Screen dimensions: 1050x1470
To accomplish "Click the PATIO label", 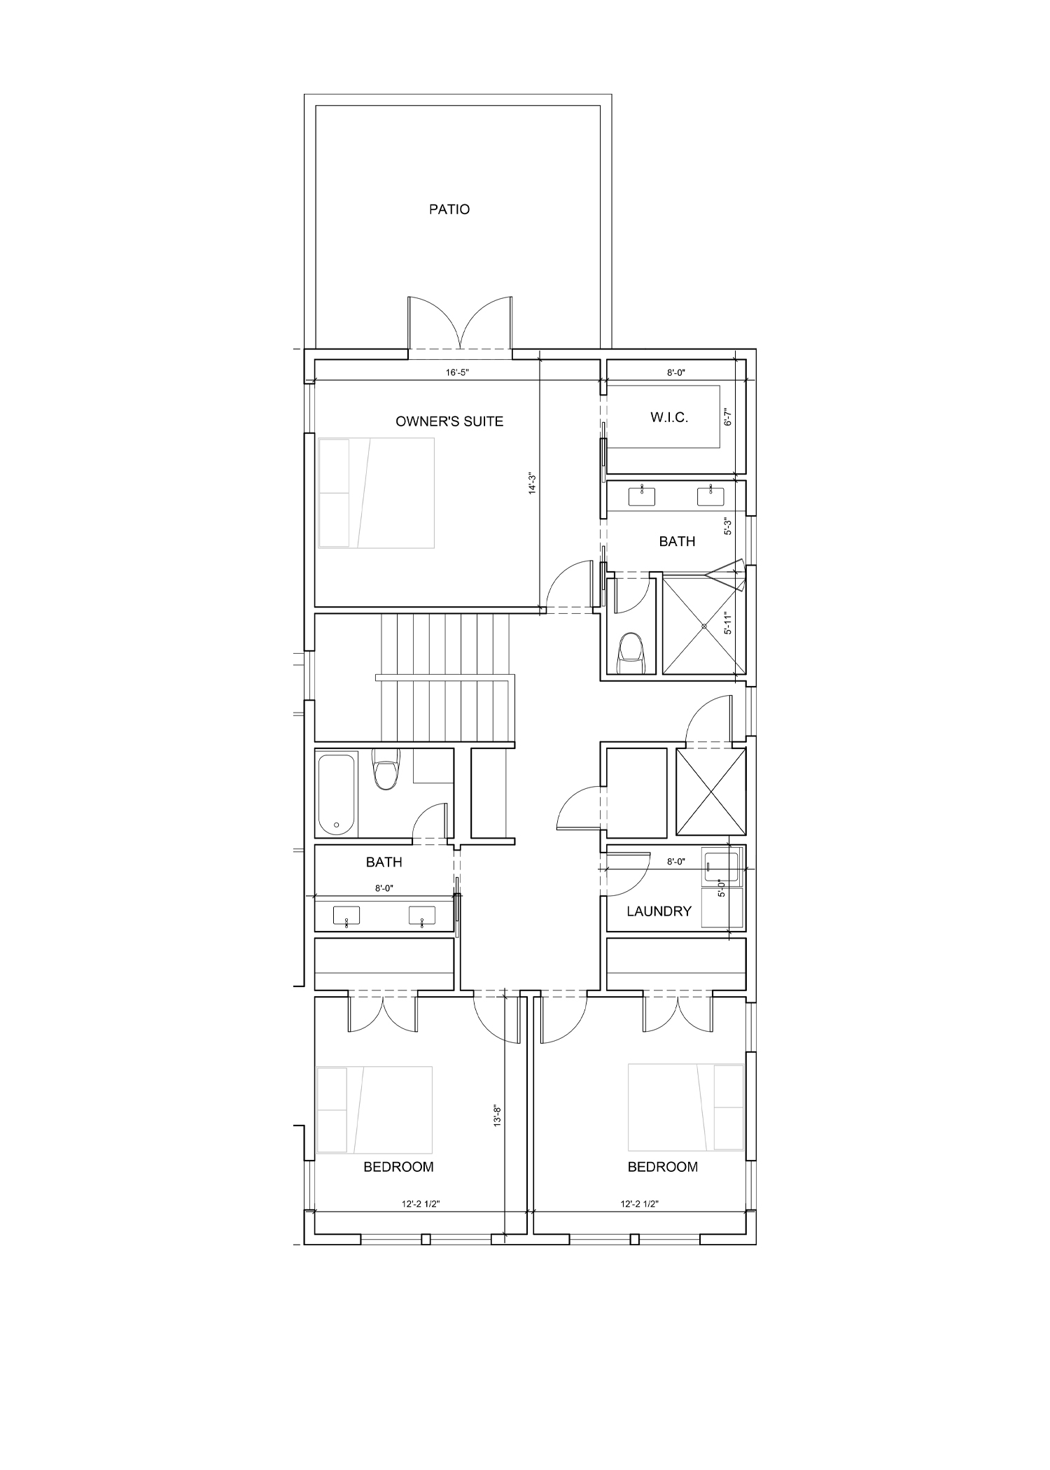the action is coord(449,209).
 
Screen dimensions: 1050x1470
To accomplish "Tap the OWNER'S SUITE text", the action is coord(449,421).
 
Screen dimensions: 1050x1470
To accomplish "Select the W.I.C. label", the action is coord(669,418).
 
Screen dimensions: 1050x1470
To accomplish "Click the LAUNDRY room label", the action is coord(659,911).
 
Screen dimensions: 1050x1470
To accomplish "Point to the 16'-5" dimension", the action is coord(456,373).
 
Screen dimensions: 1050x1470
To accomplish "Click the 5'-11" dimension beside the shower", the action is coord(728,622).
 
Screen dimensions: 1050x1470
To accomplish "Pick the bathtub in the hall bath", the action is coord(337,793).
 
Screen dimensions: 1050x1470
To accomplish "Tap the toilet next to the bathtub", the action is coord(385,768).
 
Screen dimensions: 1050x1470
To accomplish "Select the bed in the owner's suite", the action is coord(377,493).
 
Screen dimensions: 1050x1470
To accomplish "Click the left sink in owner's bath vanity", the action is coord(642,496).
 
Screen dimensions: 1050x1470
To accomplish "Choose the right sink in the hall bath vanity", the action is coord(421,916).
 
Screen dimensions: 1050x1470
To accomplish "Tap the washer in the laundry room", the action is coord(721,869).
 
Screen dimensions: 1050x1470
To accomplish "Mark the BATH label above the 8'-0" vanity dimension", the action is coord(384,862).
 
